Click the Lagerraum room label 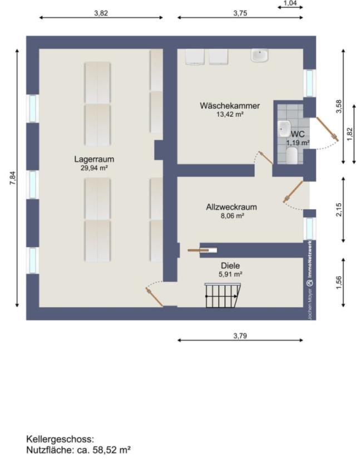94,159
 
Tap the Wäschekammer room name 230,106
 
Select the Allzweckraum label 231,207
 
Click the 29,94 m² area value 94,168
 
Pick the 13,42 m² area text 230,114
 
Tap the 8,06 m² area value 232,215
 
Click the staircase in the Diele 223,295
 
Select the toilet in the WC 292,155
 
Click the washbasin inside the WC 284,129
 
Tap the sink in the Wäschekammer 259,56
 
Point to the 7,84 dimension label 13,178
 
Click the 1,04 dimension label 290,3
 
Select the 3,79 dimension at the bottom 240,336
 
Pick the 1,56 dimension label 339,283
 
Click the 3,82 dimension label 101,13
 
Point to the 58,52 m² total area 112,450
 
